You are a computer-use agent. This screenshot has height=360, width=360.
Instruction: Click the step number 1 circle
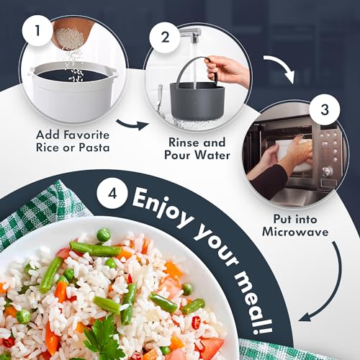[37, 31]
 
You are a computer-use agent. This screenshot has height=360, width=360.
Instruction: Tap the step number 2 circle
[165, 37]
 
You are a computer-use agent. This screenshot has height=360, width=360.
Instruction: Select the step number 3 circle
[325, 109]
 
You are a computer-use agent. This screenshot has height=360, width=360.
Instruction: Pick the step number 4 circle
[112, 194]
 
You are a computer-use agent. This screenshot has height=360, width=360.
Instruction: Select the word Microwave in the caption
[295, 232]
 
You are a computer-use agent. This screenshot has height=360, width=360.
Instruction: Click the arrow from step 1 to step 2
[132, 125]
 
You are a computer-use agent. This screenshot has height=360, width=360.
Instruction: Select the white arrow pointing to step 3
[281, 66]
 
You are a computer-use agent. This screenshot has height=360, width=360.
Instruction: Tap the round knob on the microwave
[328, 171]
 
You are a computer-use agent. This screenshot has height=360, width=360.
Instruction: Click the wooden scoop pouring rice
[70, 35]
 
